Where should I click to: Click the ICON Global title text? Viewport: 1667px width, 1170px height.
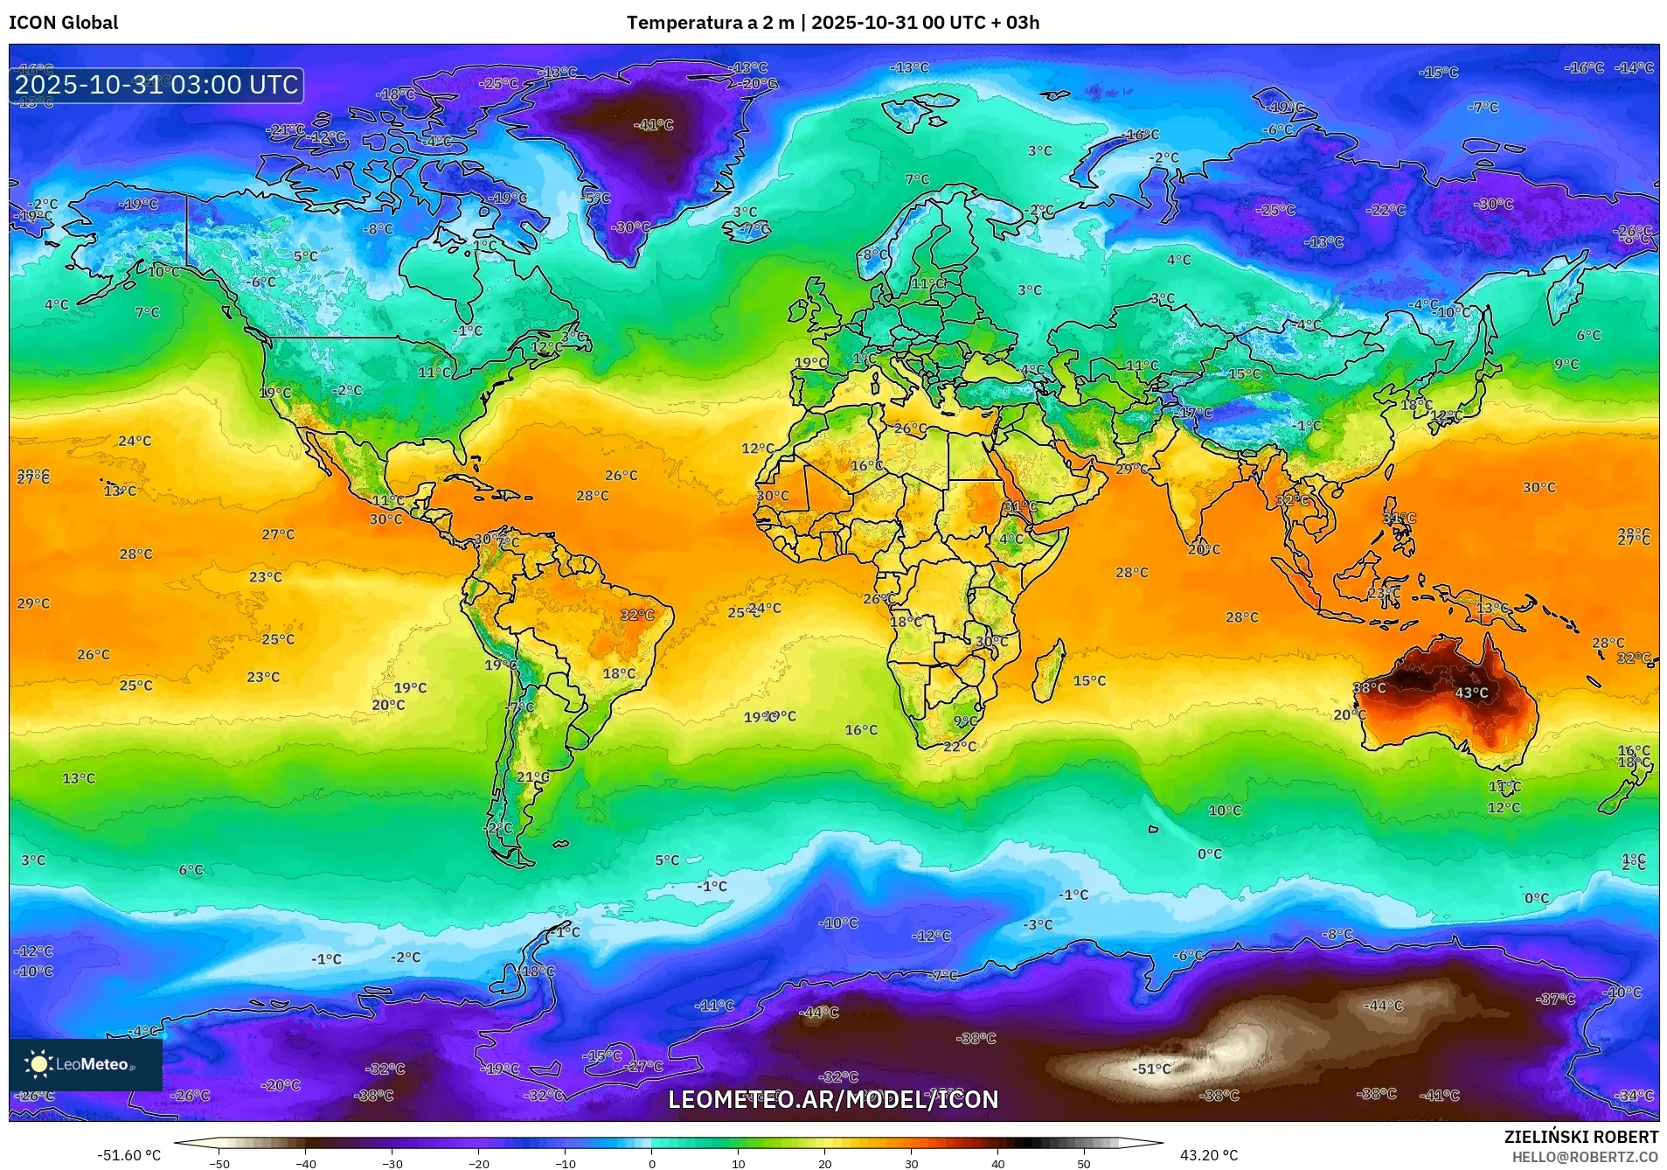63,23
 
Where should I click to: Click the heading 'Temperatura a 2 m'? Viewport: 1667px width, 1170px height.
708,23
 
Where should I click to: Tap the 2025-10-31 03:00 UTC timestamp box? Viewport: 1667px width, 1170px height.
156,85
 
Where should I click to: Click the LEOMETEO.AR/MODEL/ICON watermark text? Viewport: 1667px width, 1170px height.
833,1099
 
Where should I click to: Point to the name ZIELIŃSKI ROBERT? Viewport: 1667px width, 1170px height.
1580,1137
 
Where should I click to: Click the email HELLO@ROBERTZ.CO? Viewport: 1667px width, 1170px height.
1585,1157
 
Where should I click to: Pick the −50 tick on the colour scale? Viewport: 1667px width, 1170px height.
219,1163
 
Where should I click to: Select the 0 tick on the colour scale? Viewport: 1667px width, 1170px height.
651,1163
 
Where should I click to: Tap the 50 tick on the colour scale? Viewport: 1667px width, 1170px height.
1084,1163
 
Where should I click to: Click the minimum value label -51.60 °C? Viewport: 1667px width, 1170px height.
129,1155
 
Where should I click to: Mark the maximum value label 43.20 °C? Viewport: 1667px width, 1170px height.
1209,1155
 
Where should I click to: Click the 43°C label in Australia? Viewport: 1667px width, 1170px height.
1471,693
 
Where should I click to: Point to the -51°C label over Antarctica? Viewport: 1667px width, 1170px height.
1151,1069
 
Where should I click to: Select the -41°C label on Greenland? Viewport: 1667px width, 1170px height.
654,125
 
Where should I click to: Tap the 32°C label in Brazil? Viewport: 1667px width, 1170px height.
637,615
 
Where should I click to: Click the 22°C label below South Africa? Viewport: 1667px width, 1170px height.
960,746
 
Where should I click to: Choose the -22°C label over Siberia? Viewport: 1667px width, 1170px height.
1386,210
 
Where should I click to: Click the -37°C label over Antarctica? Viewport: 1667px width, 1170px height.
1556,999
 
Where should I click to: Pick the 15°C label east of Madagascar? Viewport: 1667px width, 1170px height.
1089,680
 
